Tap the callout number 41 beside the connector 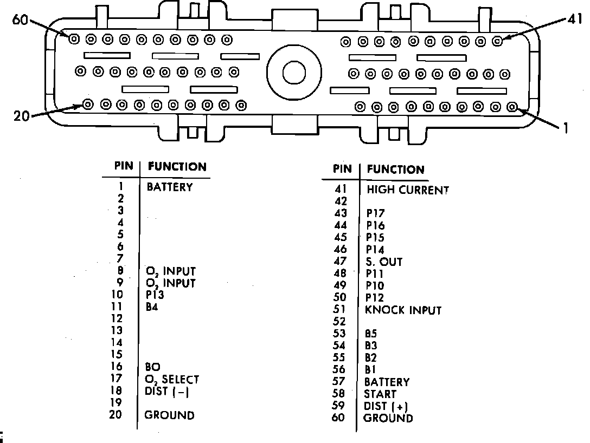(x=574, y=19)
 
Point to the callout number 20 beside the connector (x=21, y=115)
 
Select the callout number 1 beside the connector (x=566, y=128)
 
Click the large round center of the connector (x=292, y=72)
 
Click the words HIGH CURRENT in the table (x=408, y=190)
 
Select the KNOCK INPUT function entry (x=403, y=310)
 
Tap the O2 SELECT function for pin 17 (x=172, y=380)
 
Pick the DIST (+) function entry (x=387, y=406)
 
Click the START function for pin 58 (x=380, y=394)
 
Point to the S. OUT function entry (x=384, y=262)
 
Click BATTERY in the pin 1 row (x=169, y=187)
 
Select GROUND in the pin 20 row (x=169, y=415)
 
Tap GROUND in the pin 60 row (x=388, y=418)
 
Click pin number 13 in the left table (x=117, y=330)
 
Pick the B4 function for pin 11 (x=152, y=307)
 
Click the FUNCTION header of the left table (x=177, y=167)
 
